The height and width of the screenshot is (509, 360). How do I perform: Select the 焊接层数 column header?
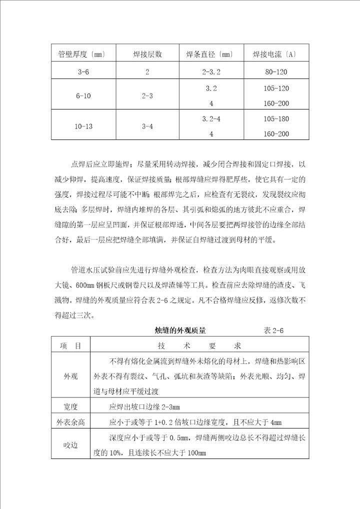(x=147, y=54)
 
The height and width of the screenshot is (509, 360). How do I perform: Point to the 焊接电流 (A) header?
(x=274, y=54)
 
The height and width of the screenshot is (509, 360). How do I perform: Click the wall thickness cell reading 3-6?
(x=83, y=72)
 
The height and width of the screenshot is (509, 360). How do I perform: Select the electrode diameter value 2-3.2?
(x=211, y=72)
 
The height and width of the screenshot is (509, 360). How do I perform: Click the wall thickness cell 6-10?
(x=83, y=96)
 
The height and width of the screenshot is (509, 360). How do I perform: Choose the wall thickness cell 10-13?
(x=83, y=126)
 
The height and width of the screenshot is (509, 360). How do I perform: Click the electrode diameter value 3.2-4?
(x=211, y=118)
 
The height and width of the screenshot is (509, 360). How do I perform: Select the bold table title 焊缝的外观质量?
(x=180, y=330)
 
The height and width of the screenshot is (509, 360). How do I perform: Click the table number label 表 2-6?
(x=273, y=330)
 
